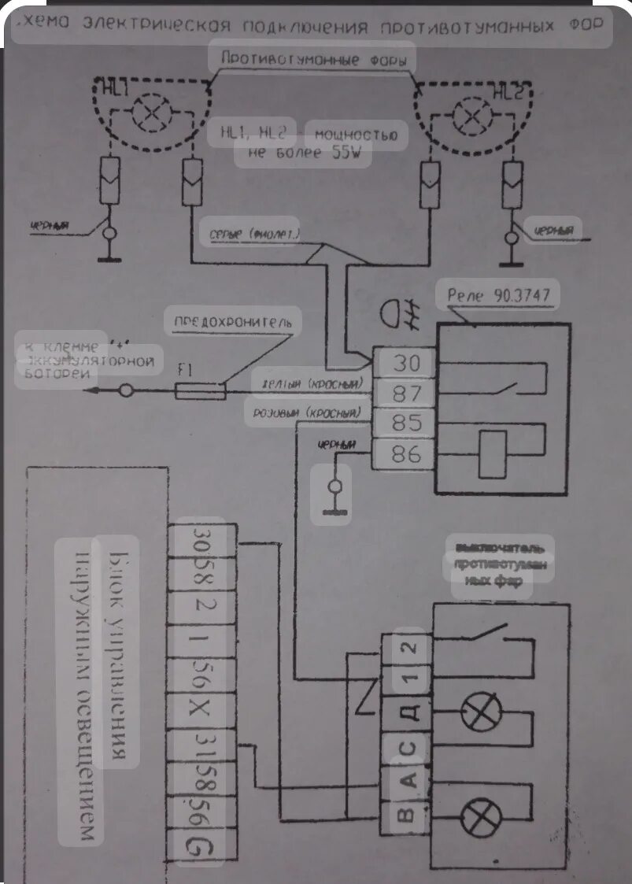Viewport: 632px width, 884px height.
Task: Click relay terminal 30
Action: (406, 363)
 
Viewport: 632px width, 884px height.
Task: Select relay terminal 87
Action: (406, 393)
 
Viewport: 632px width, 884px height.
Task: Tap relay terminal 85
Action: (406, 424)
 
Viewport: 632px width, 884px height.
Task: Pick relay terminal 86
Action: (406, 454)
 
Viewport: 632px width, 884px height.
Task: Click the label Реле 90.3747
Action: (498, 294)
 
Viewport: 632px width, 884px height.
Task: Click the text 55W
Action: (350, 153)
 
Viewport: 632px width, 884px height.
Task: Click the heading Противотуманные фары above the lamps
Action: (312, 59)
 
